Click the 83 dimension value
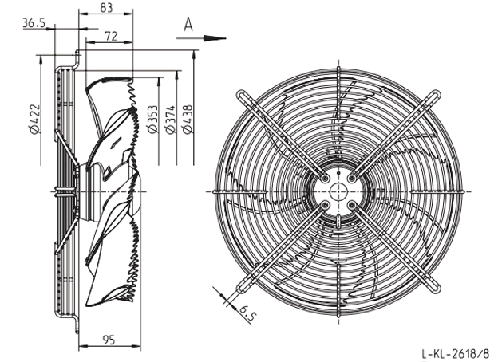point(106,7)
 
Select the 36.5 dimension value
point(34,23)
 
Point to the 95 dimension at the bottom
point(109,340)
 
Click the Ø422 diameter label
point(34,119)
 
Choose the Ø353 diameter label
point(152,120)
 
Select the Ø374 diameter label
point(170,120)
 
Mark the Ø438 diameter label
point(188,120)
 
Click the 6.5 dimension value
point(247,314)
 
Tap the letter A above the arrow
point(188,25)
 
